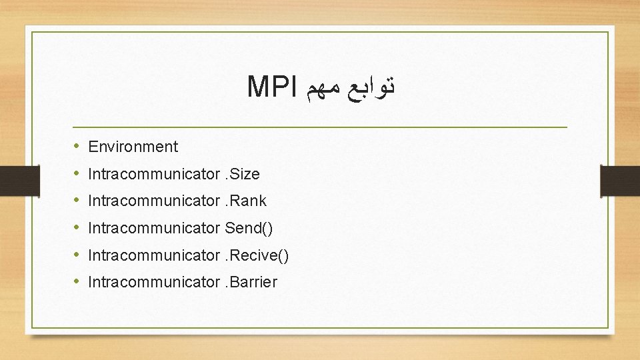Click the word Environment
coord(133,147)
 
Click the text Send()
coord(249,228)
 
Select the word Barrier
coord(254,282)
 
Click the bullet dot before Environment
coord(77,147)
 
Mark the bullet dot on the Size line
coord(77,174)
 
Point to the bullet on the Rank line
coord(77,201)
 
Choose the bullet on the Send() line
coord(77,228)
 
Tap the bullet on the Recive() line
coord(77,255)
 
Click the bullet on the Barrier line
coord(77,282)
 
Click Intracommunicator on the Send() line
coord(153,228)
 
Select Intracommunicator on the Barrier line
coord(153,282)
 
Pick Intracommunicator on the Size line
coord(153,174)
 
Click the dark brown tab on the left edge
coord(12,180)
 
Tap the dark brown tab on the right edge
coord(621,180)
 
